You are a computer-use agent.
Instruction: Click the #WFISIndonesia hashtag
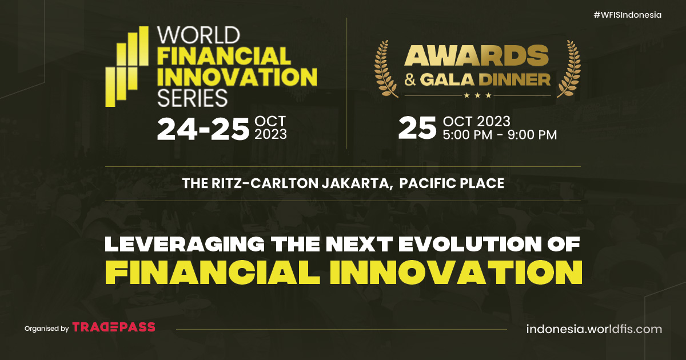point(628,15)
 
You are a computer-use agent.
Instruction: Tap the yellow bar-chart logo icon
point(127,66)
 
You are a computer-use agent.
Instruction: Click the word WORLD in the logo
point(198,35)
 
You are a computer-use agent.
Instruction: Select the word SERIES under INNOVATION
point(192,98)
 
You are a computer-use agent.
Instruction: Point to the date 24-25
point(203,129)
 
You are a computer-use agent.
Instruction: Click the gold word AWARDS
point(477,55)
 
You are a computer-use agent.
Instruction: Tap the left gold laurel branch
point(386,69)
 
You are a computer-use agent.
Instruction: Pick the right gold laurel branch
point(569,69)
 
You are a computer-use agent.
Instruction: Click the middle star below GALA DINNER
point(477,95)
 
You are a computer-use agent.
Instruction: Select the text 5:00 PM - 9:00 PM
point(500,135)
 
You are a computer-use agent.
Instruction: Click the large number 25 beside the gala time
point(417,128)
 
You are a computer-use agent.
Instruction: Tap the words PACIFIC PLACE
point(452,183)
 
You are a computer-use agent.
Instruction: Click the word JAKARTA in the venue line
point(357,183)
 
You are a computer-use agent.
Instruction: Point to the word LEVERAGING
point(185,244)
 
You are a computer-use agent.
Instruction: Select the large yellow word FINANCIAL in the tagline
point(213,273)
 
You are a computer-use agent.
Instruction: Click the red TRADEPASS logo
point(114,327)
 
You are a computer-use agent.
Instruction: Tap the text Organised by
point(46,329)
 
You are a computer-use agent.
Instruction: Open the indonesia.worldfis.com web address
point(594,329)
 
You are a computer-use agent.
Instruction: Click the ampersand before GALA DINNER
point(410,80)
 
